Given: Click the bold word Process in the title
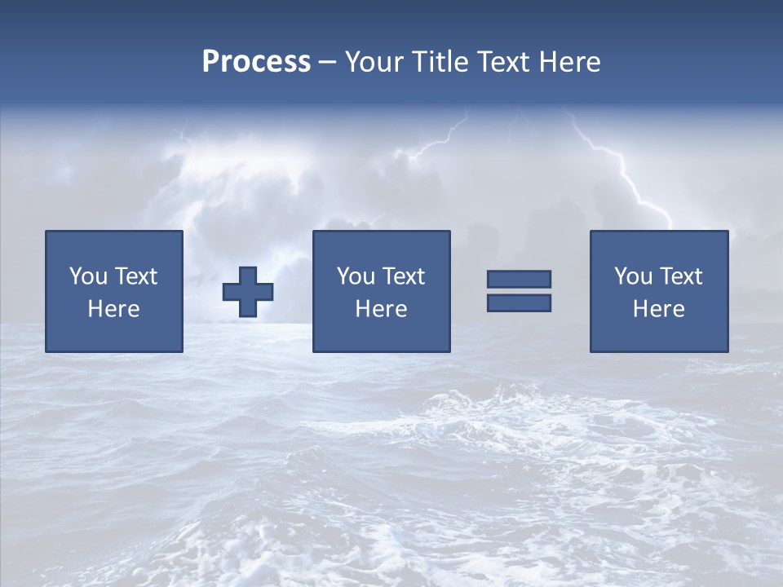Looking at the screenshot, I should (x=256, y=62).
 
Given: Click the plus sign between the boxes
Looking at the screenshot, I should (x=248, y=292).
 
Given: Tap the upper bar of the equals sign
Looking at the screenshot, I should (x=519, y=279).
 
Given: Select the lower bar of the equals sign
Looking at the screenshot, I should (x=519, y=302).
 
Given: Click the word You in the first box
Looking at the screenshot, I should (x=88, y=276).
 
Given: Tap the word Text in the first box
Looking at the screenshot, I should (x=135, y=276).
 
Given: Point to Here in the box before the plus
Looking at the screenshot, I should (x=114, y=309).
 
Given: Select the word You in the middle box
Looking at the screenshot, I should (x=356, y=276).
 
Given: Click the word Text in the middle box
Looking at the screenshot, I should (x=403, y=276).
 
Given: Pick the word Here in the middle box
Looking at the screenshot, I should (x=382, y=309).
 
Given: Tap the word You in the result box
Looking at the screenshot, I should (x=633, y=276).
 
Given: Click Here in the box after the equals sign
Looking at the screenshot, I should (x=659, y=309).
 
